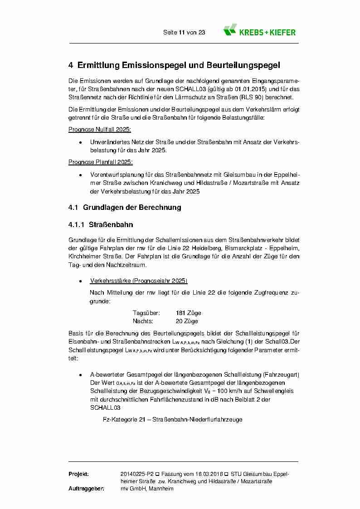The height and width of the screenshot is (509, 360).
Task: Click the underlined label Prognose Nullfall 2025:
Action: click(99, 130)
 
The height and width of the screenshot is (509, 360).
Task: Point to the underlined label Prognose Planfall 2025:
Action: click(100, 162)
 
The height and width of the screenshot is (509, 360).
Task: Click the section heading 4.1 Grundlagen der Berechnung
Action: click(125, 208)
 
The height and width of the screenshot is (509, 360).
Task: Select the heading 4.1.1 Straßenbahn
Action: click(101, 224)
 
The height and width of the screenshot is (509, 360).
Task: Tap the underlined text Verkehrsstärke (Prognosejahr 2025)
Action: click(139, 281)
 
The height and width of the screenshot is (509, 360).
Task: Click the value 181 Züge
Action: click(188, 313)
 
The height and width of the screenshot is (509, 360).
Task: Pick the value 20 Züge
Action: click(187, 321)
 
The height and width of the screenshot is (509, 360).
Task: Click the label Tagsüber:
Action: click(146, 313)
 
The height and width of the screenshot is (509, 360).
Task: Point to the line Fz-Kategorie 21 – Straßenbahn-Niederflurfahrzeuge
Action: click(172, 419)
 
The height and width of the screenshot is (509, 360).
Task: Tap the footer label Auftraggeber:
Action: click(86, 489)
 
